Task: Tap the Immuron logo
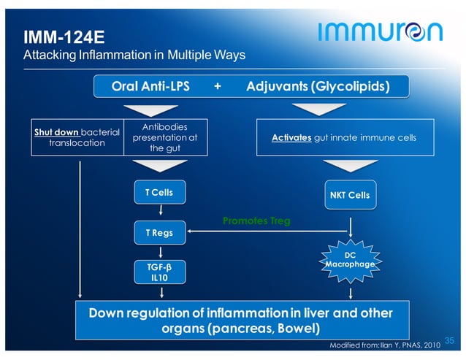tap(380, 31)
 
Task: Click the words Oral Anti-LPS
tap(150, 87)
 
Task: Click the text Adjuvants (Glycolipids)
tap(318, 87)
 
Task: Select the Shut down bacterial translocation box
tap(77, 137)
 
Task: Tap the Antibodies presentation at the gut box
tap(165, 137)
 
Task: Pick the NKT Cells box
tap(350, 195)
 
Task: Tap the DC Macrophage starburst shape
tap(350, 259)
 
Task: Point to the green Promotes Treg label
tap(256, 221)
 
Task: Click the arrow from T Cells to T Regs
tap(159, 212)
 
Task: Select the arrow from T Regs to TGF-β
tap(159, 252)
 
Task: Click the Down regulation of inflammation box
tap(240, 320)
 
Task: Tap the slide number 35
tap(449, 341)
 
